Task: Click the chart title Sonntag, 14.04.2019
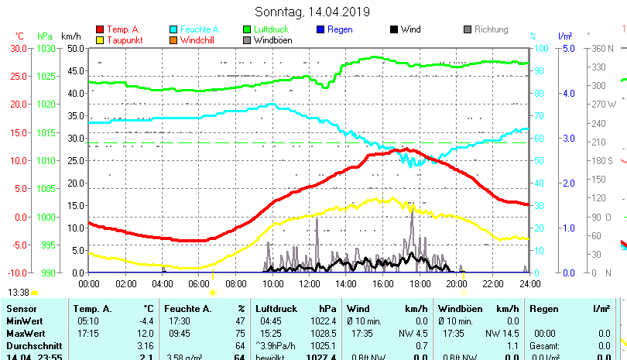point(312,12)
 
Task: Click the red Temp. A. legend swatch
point(100,29)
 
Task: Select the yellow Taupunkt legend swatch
point(100,40)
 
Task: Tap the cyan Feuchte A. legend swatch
point(173,29)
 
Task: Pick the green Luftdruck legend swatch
point(247,29)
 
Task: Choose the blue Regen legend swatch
point(320,29)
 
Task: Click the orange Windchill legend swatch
point(173,40)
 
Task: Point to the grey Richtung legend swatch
point(468,29)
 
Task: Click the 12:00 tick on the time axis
point(309,283)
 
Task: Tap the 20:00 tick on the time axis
point(456,283)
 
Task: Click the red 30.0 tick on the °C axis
point(19,48)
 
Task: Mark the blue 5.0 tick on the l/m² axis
point(566,48)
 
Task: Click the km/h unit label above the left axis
point(70,36)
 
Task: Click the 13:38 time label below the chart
point(19,292)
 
